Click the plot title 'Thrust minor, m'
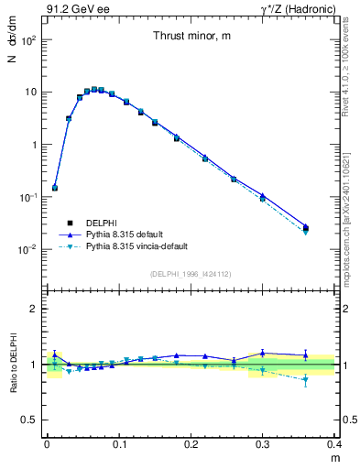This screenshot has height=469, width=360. click(191, 36)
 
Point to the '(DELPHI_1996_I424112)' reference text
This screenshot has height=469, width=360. click(191, 273)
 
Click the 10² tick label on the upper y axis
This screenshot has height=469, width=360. click(29, 40)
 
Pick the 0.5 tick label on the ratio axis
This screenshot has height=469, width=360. click(30, 420)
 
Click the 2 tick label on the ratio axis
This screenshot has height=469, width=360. click(35, 309)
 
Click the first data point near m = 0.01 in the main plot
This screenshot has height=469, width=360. click(55, 188)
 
